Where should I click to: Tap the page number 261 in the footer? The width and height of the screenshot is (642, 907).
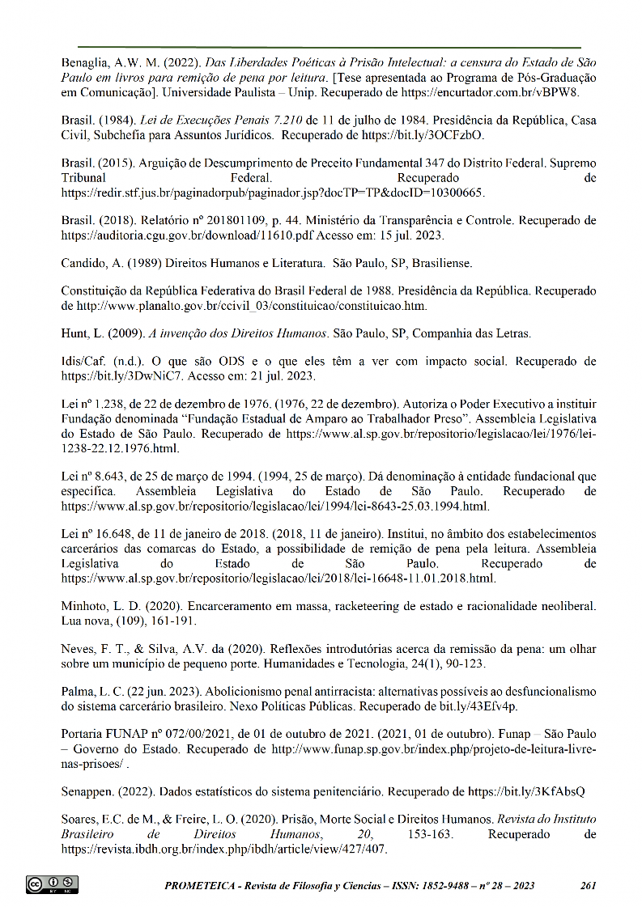coord(589,885)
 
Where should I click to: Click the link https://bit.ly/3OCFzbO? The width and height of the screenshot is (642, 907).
coord(423,134)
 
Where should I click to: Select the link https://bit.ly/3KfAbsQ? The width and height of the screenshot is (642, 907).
coord(525,790)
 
